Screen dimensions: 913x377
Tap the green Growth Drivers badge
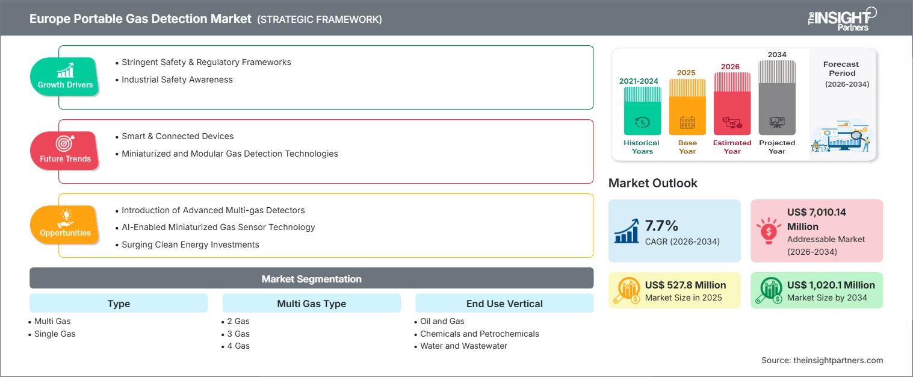click(65, 76)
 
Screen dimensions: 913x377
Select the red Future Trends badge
click(65, 150)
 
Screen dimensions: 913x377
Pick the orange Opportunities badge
click(65, 225)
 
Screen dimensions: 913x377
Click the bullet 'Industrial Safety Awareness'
click(177, 79)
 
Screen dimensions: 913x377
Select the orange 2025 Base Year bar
click(687, 107)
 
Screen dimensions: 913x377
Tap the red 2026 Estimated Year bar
click(732, 104)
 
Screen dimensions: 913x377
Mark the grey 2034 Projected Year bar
click(777, 98)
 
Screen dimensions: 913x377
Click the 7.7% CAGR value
click(661, 225)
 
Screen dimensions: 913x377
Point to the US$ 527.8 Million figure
click(686, 285)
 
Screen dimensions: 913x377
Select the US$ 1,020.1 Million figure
click(831, 285)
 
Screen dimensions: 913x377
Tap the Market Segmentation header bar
click(311, 278)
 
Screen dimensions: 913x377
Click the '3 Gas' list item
click(238, 334)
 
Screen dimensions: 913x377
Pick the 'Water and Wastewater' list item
click(463, 346)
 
